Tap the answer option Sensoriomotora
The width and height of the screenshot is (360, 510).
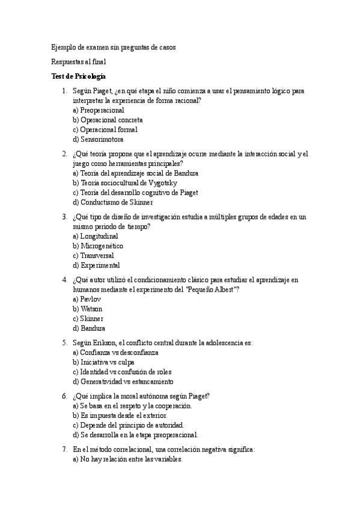[x=98, y=140]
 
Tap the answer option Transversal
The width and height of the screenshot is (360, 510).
[x=93, y=256]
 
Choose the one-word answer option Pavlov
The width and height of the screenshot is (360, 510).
[x=87, y=299]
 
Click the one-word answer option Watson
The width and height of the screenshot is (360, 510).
[x=88, y=309]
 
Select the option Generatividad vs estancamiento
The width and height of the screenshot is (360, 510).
[x=123, y=381]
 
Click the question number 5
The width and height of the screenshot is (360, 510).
[x=64, y=343]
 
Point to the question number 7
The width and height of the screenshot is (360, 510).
[x=64, y=449]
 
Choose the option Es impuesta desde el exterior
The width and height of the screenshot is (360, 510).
[x=120, y=416]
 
